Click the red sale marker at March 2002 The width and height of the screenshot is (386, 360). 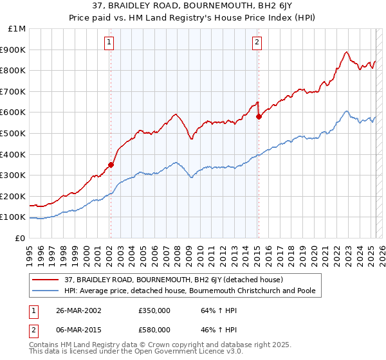point(111,165)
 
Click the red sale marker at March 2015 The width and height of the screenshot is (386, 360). point(258,116)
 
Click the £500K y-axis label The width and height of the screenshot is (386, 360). point(13,134)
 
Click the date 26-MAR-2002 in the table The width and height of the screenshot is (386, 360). point(78,310)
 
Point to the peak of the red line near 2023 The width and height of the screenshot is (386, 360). point(346,52)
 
